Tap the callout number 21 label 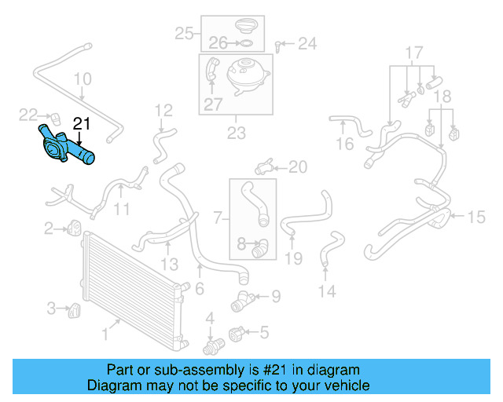[x=82, y=123]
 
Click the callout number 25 [x=184, y=33]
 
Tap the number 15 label [x=476, y=217]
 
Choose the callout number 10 [x=83, y=79]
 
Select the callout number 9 [x=275, y=297]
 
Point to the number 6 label [x=200, y=290]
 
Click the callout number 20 [x=298, y=166]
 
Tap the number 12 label [x=163, y=110]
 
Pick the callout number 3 [x=51, y=307]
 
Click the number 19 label [x=293, y=258]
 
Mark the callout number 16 [x=345, y=144]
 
